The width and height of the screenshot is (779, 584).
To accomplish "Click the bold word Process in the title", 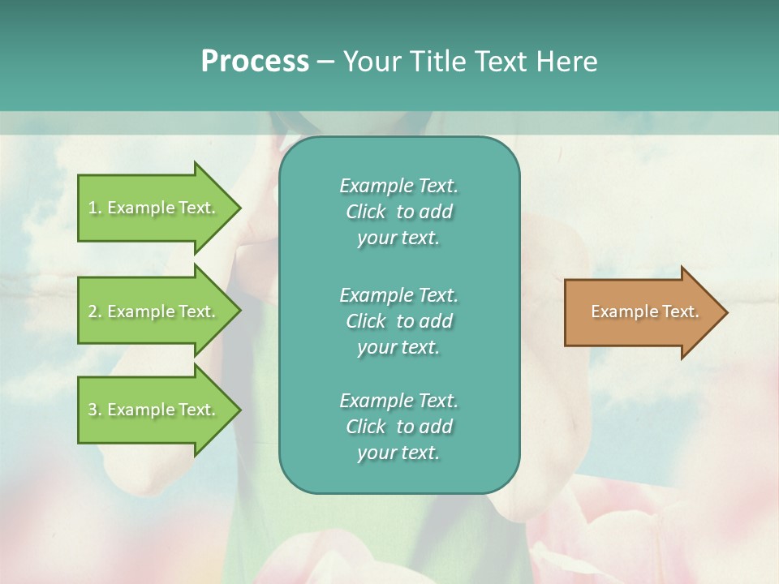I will pos(255,61).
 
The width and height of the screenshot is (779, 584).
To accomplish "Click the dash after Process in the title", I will pos(326,62).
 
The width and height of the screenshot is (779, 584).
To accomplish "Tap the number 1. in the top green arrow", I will pos(95,208).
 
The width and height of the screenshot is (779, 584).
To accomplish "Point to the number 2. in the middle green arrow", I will pos(95,311).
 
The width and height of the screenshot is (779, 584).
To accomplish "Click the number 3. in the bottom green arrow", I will pos(95,410).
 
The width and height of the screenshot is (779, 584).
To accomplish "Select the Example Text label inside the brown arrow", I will pos(644,311).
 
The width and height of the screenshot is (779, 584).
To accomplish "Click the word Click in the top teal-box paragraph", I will pos(366,212).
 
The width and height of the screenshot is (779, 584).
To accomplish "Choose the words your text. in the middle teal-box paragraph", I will pos(398,347).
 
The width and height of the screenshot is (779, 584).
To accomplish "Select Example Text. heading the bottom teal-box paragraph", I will pos(398,401).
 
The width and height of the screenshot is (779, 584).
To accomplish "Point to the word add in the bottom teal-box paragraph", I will pos(437,427).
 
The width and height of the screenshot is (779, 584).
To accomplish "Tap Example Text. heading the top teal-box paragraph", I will pos(398,186).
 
